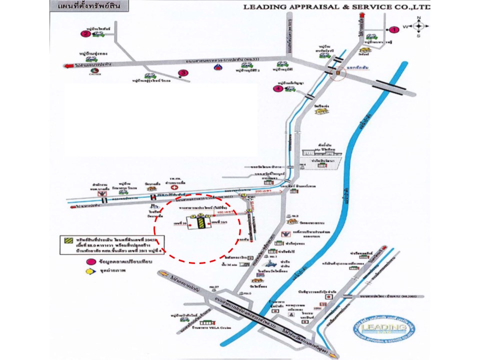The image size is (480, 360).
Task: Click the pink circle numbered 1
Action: click(x=394, y=29)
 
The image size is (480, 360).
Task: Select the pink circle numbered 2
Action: click(x=85, y=34)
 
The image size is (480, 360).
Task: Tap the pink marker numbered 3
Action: click(x=184, y=73)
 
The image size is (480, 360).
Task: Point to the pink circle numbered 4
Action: click(x=278, y=89)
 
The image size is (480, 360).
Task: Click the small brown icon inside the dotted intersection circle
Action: click(x=339, y=72)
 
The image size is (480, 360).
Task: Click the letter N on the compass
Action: click(x=419, y=18)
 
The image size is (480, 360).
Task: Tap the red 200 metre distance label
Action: click(x=261, y=191)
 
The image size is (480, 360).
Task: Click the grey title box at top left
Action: click(x=87, y=7)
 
